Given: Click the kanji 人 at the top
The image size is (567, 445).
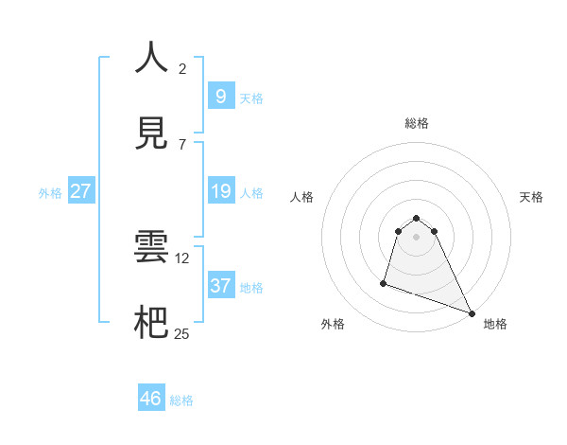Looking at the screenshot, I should pyautogui.click(x=151, y=57).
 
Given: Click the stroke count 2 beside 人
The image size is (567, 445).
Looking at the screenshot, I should pyautogui.click(x=182, y=68).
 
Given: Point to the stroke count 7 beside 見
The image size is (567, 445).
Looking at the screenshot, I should pyautogui.click(x=182, y=144).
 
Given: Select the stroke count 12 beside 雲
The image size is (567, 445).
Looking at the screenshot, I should pyautogui.click(x=184, y=258).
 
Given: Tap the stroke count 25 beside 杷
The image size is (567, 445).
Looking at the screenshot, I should pyautogui.click(x=182, y=333).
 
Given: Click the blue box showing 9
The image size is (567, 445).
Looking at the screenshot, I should pyautogui.click(x=220, y=96).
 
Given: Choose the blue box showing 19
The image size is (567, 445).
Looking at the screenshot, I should pyautogui.click(x=220, y=191).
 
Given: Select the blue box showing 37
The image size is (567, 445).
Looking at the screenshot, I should pyautogui.click(x=220, y=285).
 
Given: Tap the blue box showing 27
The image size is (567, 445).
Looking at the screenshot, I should pyautogui.click(x=80, y=191).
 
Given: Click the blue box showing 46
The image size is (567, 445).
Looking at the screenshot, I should pyautogui.click(x=151, y=399).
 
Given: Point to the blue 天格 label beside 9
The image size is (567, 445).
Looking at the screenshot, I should pyautogui.click(x=251, y=98).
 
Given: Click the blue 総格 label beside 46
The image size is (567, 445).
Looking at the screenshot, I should pyautogui.click(x=181, y=400).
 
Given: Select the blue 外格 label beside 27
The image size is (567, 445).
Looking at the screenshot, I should pyautogui.click(x=50, y=193).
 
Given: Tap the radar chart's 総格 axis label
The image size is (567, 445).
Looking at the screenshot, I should pyautogui.click(x=416, y=123).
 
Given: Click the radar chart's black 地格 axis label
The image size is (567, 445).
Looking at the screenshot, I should pyautogui.click(x=495, y=324).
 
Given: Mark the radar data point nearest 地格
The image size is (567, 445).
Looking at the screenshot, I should pyautogui.click(x=471, y=313).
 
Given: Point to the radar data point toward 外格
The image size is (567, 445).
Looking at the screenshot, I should pyautogui.click(x=384, y=282).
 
